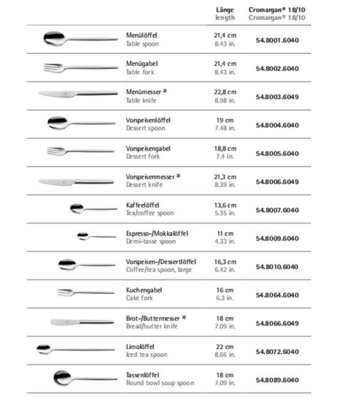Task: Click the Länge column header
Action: point(225,10)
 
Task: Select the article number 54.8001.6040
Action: point(277,40)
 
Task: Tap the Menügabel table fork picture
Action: point(79,68)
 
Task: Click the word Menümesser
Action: point(141,92)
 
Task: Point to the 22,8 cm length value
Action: point(225,92)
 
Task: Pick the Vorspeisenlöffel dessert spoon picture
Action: point(81,122)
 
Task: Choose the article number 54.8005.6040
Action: point(277,153)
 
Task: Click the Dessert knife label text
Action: point(144,185)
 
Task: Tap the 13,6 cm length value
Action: point(225,205)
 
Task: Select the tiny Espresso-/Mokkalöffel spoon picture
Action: point(96,236)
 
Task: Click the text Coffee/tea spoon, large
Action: point(158,270)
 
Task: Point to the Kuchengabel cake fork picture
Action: point(85,293)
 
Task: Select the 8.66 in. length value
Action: point(225,355)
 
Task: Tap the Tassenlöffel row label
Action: point(143,375)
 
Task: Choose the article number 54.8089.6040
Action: point(277,380)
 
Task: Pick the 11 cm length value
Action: point(225,233)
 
